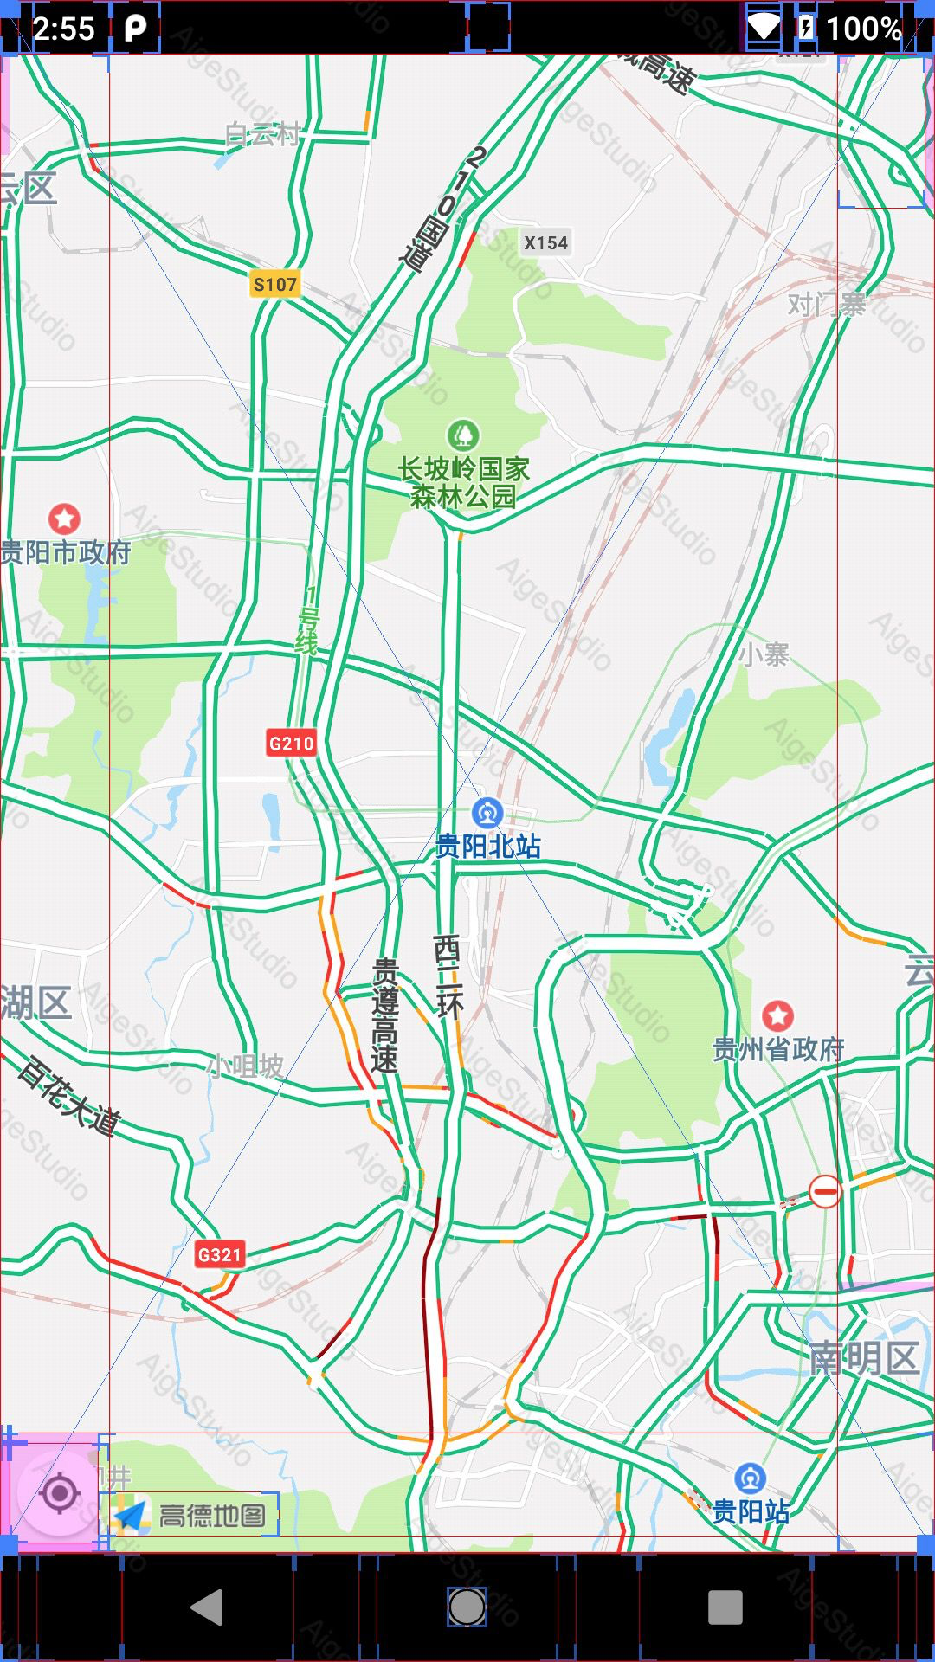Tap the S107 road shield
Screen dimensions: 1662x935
coord(274,284)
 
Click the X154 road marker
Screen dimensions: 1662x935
coord(545,243)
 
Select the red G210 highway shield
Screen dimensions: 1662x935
coord(291,743)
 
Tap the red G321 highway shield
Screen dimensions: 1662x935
coord(219,1254)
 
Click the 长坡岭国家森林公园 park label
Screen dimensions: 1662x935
coord(463,483)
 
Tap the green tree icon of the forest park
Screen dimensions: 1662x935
coord(463,433)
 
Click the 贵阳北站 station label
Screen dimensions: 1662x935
coord(487,846)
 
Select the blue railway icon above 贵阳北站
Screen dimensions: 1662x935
coord(487,813)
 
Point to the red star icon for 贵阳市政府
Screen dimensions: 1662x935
coord(64,519)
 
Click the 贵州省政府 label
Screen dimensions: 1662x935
coord(777,1049)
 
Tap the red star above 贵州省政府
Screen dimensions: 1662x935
coord(777,1015)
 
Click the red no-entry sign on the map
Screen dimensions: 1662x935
coord(825,1191)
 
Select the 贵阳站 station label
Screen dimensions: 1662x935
coord(750,1511)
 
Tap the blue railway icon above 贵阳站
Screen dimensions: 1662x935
coord(750,1478)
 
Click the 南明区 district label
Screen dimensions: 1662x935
coord(863,1358)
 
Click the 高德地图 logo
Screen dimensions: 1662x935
coord(190,1515)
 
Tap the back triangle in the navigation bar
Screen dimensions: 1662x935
coord(208,1607)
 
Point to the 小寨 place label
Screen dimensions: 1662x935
coord(764,654)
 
